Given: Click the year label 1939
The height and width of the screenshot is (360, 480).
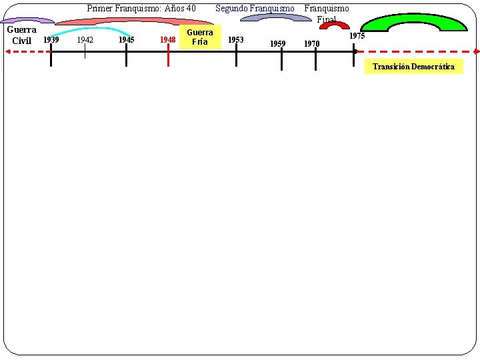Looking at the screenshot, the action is pos(51,39).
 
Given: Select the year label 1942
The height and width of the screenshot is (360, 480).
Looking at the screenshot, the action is pos(85,39).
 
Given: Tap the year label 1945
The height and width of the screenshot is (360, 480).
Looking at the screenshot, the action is pos(126,39).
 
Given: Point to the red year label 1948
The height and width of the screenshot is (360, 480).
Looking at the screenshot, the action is pos(168,40).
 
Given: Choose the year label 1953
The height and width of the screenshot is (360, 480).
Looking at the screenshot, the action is pos(236,39).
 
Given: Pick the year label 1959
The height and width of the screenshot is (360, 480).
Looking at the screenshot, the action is pos(277,44).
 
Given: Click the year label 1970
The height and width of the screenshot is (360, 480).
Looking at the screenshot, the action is pos(312,44).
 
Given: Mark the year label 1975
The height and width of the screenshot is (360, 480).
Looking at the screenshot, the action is pos(357,36).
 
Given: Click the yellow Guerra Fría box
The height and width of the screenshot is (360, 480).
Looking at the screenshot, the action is pos(200,37).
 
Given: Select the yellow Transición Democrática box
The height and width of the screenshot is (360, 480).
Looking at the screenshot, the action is pos(413,67).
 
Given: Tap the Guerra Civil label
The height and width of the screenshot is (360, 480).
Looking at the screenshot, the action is pos(21,35).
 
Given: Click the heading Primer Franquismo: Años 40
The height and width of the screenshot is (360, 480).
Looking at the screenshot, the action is pos(141,9).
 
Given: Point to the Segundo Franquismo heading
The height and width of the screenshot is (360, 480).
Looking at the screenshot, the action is pos(254,9).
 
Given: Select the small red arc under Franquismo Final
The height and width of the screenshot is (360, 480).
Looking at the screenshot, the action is pos(334,25).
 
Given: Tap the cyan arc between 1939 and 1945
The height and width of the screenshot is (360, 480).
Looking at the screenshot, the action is pos(91,28).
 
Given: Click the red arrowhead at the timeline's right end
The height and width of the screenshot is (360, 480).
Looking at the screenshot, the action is pos(476,51).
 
